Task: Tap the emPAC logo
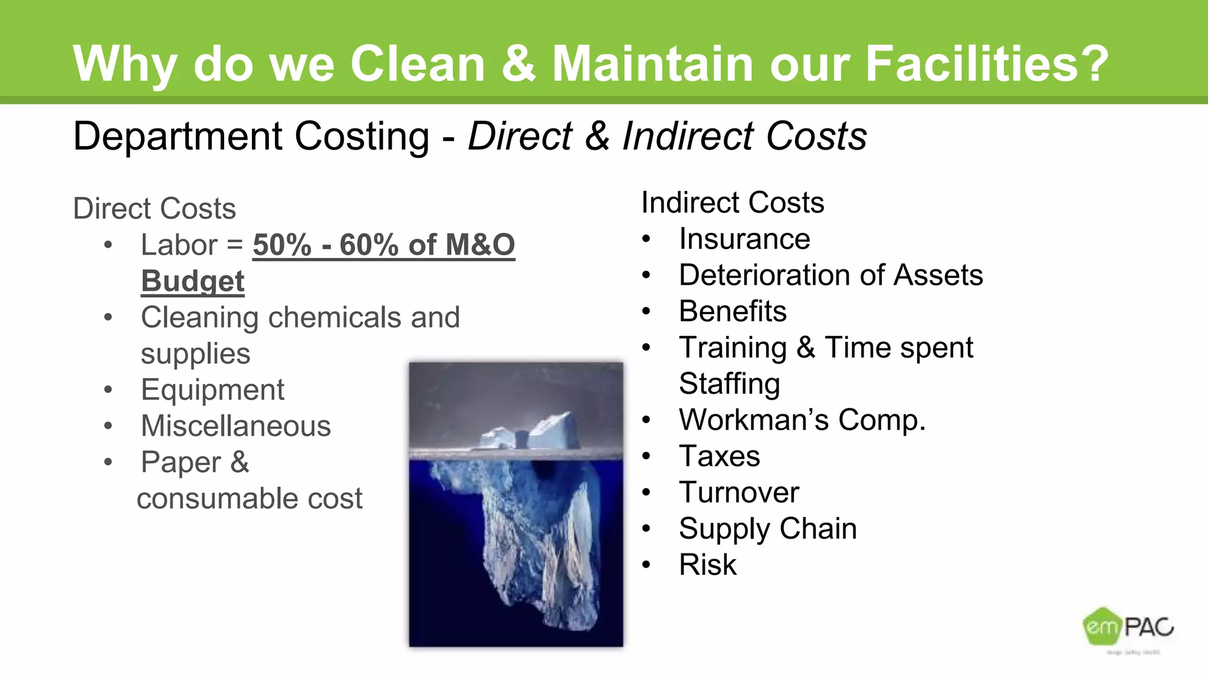point(1128,627)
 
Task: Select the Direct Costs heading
point(155,209)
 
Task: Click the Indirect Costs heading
point(733,203)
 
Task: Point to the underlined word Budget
point(193,281)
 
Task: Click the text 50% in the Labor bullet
point(282,245)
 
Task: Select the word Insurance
point(744,239)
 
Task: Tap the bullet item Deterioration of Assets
point(830,275)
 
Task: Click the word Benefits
point(733,311)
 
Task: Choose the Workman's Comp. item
point(802,420)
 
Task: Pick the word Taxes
point(720,456)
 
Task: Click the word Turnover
point(739,492)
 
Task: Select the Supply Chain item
point(767,529)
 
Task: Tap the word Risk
point(708,565)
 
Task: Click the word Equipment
point(212,390)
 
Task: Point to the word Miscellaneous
point(236,426)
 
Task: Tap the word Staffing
point(730,384)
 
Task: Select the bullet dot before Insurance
point(646,239)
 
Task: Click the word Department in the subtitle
point(177,136)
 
